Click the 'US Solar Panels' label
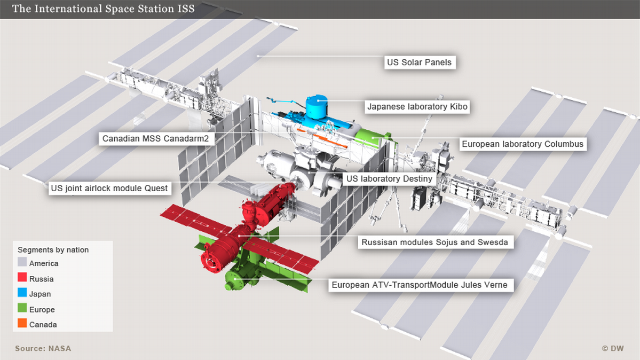(x=419, y=62)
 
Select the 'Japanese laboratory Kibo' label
(x=417, y=107)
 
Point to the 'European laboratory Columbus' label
(x=522, y=144)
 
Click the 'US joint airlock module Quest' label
(x=109, y=188)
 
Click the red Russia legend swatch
(x=22, y=278)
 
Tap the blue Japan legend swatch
(x=22, y=294)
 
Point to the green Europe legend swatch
(x=22, y=309)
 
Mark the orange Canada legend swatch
(x=22, y=324)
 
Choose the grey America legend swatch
(x=22, y=263)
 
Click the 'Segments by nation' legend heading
(x=53, y=249)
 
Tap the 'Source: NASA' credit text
(x=43, y=348)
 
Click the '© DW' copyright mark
(x=613, y=348)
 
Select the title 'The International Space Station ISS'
(x=103, y=9)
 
